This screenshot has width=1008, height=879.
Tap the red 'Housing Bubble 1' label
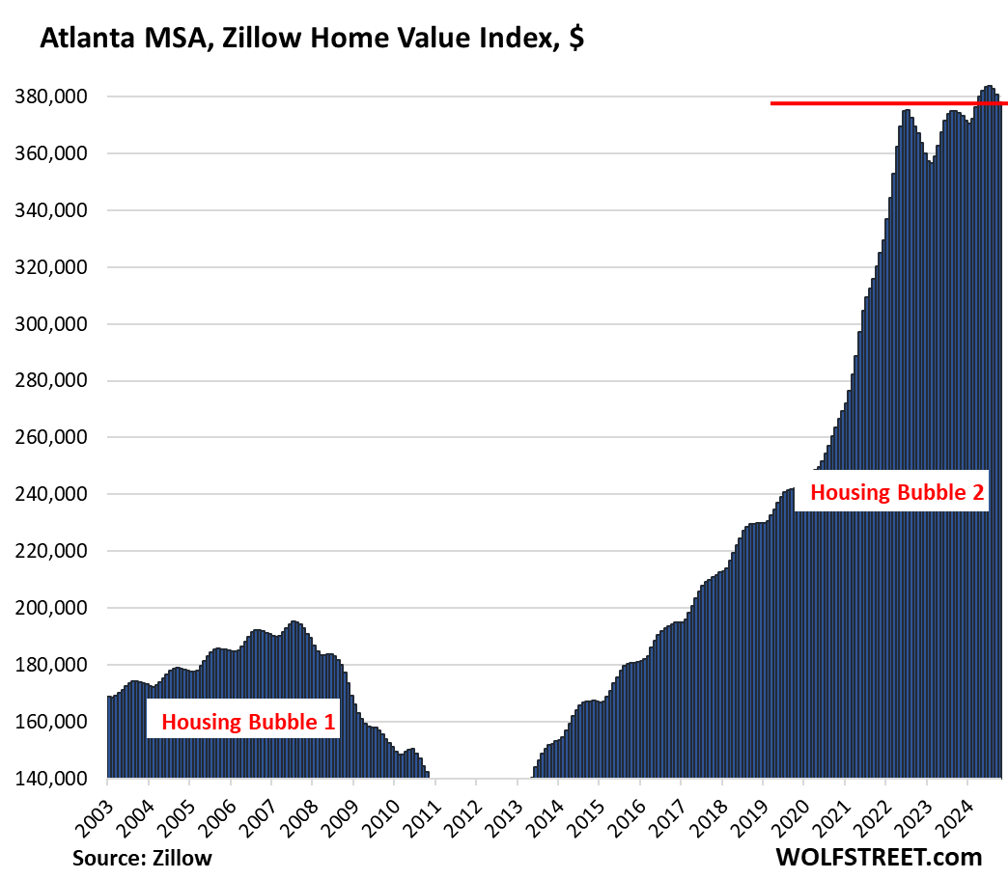[x=243, y=721]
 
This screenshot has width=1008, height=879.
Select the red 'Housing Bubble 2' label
[x=896, y=492]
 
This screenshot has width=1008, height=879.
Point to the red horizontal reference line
[x=869, y=103]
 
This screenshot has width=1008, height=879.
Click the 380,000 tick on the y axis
[x=55, y=97]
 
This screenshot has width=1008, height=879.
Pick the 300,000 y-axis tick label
[x=55, y=324]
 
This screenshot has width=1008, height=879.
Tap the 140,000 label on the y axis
[x=55, y=779]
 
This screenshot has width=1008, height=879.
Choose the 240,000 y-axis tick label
[x=55, y=495]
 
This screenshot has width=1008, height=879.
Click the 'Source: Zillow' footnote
[x=141, y=858]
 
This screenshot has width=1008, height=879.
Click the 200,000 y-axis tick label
[x=55, y=608]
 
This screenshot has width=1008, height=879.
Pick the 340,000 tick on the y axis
[x=55, y=210]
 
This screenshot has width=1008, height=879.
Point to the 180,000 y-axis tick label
[x=55, y=665]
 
